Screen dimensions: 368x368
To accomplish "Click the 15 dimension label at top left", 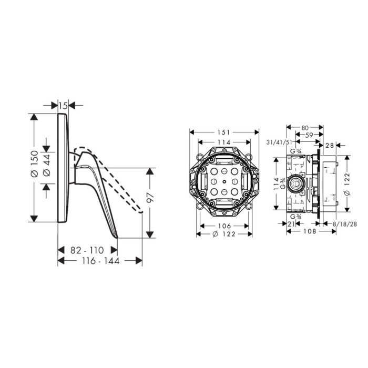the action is (x=63, y=106).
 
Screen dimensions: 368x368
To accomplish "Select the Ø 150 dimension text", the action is (x=35, y=164).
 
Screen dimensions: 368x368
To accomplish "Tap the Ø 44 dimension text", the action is (x=47, y=165).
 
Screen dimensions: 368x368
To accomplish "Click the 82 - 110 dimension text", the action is (x=87, y=250).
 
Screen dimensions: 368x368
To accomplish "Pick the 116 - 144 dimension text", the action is (x=101, y=261).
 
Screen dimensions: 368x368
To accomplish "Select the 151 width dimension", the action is (x=223, y=132).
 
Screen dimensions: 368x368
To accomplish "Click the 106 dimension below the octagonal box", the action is (x=224, y=226).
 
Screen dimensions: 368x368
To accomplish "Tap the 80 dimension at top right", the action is (x=305, y=128).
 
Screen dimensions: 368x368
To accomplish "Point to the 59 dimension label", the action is (x=310, y=136).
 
